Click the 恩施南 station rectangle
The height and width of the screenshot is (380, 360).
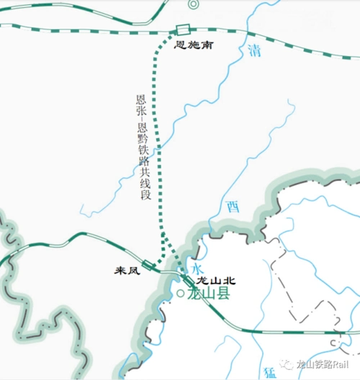(181, 31)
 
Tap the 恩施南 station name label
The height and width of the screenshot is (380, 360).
(193, 45)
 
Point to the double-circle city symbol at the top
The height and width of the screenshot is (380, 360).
(193, 4)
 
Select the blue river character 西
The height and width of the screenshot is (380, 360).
(233, 207)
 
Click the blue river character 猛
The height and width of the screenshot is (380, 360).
(270, 372)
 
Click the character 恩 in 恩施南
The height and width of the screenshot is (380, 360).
(181, 45)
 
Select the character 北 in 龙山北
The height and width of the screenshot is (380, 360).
(230, 280)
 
